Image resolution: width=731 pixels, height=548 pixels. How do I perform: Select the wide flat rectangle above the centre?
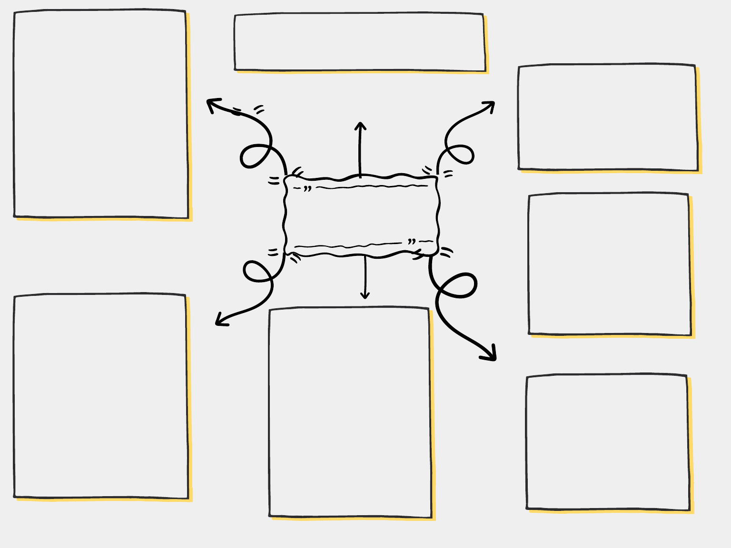coord(360,42)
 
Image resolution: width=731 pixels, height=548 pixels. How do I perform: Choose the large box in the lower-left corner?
coord(101,396)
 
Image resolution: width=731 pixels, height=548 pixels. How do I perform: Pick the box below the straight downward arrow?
coord(350,412)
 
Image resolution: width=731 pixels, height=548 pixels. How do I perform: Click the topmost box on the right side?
coord(608,117)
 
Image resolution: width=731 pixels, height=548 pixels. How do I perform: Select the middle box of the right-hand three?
coord(609,264)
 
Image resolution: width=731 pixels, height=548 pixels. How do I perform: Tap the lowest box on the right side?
coord(608,442)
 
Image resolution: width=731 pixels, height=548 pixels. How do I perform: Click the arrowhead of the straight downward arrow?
coord(365,296)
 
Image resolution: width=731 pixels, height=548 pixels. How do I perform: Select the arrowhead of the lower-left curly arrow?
coord(219,322)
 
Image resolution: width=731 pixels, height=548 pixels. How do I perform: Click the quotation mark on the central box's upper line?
coord(307,188)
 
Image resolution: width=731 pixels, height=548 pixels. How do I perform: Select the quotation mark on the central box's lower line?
coord(412,242)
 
